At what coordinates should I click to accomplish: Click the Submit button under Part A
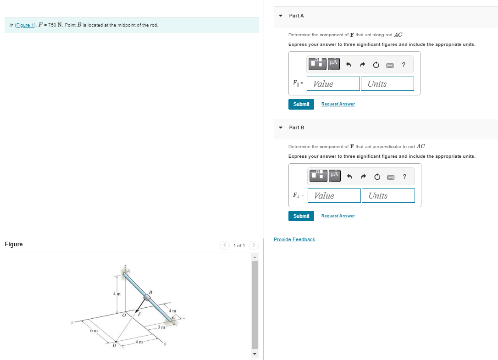(x=301, y=104)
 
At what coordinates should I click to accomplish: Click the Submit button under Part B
(x=301, y=216)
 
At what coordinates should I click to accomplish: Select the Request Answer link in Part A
(x=338, y=104)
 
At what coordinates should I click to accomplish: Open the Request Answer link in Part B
(x=338, y=216)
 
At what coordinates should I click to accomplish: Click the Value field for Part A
(x=334, y=83)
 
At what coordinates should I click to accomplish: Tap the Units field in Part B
(x=388, y=195)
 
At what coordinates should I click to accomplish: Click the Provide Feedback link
(x=294, y=239)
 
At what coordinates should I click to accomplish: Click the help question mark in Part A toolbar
(x=403, y=65)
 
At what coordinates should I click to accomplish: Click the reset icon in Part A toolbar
(x=376, y=65)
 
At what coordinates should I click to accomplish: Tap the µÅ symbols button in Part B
(x=334, y=175)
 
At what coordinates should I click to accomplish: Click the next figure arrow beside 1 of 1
(x=255, y=245)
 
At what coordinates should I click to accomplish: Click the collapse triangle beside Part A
(x=281, y=16)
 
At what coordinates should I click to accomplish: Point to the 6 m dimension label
(x=94, y=330)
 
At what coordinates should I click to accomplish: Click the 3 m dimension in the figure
(x=161, y=327)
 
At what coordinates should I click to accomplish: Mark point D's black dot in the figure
(x=116, y=341)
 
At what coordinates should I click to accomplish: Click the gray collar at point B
(x=147, y=298)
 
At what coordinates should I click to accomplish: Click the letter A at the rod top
(x=128, y=271)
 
